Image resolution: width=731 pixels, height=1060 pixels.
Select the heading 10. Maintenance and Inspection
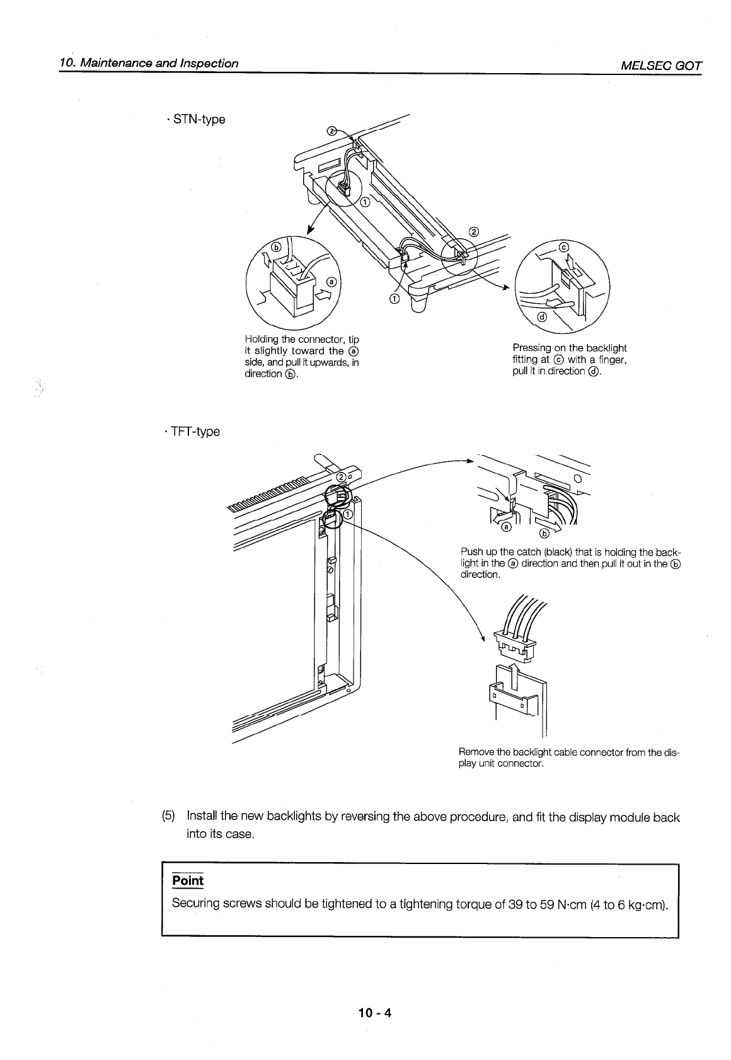point(149,63)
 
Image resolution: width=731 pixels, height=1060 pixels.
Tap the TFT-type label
point(193,432)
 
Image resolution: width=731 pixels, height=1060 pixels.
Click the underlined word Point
point(188,880)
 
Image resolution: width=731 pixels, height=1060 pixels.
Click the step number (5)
point(169,817)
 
